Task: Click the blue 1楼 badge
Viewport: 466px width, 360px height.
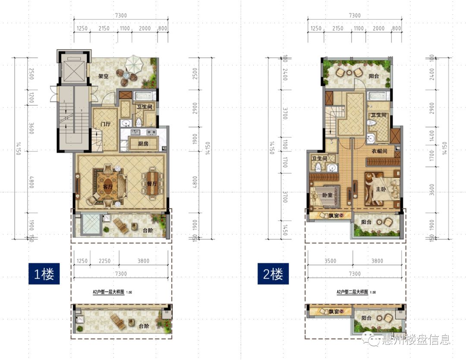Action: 44,274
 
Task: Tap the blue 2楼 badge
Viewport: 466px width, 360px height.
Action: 273,274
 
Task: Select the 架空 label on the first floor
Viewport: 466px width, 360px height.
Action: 103,76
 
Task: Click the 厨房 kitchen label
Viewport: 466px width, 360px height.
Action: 143,144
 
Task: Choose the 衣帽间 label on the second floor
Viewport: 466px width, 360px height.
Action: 378,152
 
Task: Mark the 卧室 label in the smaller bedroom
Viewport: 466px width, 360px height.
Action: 327,194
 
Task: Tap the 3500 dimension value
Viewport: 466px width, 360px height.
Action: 330,260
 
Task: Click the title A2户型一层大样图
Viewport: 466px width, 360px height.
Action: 108,292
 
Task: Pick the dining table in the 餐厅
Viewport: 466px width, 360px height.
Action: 153,183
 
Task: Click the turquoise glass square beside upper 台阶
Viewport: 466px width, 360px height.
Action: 91,225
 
